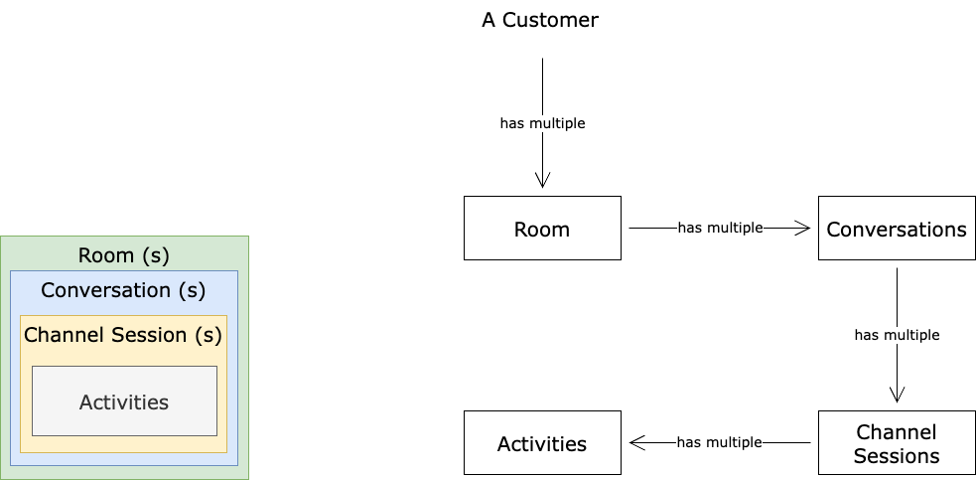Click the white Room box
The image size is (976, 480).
click(x=542, y=229)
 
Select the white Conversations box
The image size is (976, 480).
click(x=896, y=229)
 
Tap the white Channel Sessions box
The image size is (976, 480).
click(x=896, y=443)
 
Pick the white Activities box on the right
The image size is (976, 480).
click(x=542, y=443)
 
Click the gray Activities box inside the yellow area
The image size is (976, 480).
click(x=124, y=401)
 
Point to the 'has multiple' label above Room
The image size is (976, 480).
click(x=542, y=124)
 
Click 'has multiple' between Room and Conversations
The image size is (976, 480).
click(x=720, y=228)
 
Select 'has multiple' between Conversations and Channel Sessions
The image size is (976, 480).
click(x=897, y=335)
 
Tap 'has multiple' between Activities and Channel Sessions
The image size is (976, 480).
click(x=719, y=442)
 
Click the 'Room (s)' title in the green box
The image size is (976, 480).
click(x=124, y=255)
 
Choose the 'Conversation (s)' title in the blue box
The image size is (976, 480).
click(x=123, y=290)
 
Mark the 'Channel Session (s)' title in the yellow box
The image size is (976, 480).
click(x=123, y=335)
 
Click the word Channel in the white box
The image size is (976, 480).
click(x=897, y=432)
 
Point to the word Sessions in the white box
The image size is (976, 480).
click(x=897, y=456)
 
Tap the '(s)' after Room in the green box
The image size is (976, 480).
click(x=154, y=255)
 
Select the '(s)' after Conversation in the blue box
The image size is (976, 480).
click(x=192, y=290)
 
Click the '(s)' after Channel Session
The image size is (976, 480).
click(x=209, y=335)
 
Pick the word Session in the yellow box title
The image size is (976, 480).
click(x=150, y=335)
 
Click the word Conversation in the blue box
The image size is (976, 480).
click(x=105, y=290)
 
